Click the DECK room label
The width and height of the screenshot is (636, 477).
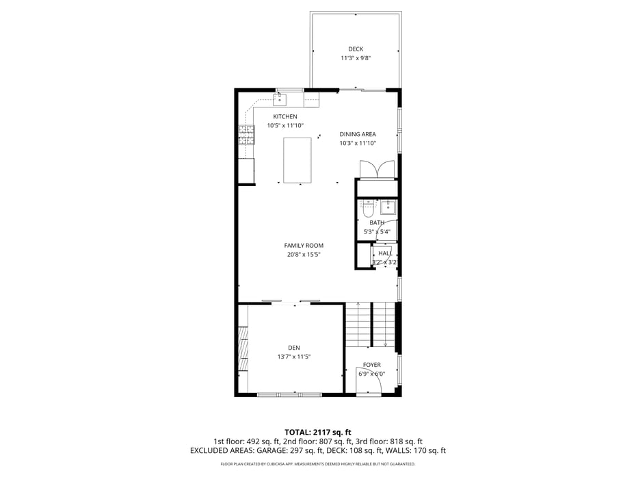(356, 49)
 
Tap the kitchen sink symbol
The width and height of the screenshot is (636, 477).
(280, 101)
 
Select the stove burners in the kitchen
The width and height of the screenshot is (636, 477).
(246, 135)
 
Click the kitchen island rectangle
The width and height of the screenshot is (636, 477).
(297, 160)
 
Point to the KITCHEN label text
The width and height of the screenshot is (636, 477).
(285, 116)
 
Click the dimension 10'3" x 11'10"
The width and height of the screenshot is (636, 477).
(358, 143)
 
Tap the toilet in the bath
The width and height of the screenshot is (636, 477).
(368, 207)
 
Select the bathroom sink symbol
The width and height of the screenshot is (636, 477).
(388, 207)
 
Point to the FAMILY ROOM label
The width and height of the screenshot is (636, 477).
(304, 245)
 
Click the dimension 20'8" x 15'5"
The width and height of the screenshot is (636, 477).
(304, 255)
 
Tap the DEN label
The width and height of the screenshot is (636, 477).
(294, 348)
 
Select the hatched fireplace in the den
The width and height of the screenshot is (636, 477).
(243, 350)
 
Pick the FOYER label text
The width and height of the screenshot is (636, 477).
(372, 365)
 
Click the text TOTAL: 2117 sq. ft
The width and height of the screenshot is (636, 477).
(318, 432)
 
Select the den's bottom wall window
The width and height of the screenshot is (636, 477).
(289, 394)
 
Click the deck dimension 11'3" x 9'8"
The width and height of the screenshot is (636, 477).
(356, 58)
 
